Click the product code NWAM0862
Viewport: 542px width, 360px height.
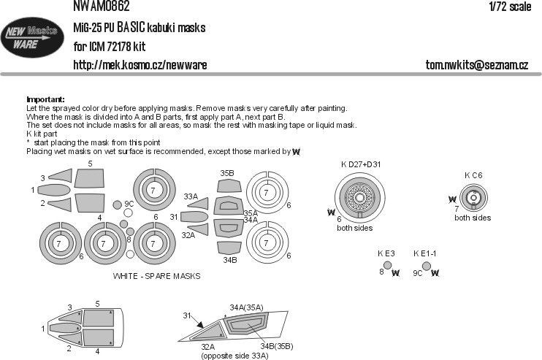pos(102,7)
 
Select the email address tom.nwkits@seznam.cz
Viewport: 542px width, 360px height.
pos(476,65)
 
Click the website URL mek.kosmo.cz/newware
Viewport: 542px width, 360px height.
pos(140,65)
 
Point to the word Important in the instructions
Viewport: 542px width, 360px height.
pos(45,99)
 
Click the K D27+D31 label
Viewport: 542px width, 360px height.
pos(360,164)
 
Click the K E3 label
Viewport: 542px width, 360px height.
pos(386,253)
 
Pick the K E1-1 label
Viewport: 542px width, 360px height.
pos(425,253)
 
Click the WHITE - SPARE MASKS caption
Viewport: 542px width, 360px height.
pos(156,277)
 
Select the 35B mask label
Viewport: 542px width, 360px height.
pos(227,173)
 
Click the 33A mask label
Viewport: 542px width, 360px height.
pos(191,196)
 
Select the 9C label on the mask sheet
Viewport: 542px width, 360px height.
pos(129,204)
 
